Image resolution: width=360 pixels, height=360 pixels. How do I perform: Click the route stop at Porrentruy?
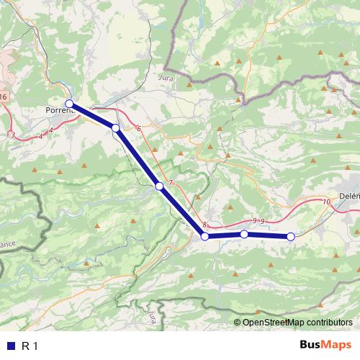[70, 104]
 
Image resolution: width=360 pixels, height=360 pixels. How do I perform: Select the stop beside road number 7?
[159, 186]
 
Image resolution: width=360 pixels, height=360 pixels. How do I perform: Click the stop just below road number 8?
[204, 236]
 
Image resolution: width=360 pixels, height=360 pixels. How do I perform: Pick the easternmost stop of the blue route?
[291, 236]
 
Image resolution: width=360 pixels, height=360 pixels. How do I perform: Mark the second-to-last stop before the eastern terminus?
[244, 234]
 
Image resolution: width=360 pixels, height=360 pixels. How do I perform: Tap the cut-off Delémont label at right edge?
[349, 197]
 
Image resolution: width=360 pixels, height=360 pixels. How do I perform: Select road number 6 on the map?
[138, 129]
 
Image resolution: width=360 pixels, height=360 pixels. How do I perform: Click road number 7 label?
[171, 183]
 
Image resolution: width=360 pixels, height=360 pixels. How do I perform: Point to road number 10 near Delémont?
[327, 202]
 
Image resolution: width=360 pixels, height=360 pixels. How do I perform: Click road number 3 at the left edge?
[12, 135]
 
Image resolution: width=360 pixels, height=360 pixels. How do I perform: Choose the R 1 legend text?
[29, 346]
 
